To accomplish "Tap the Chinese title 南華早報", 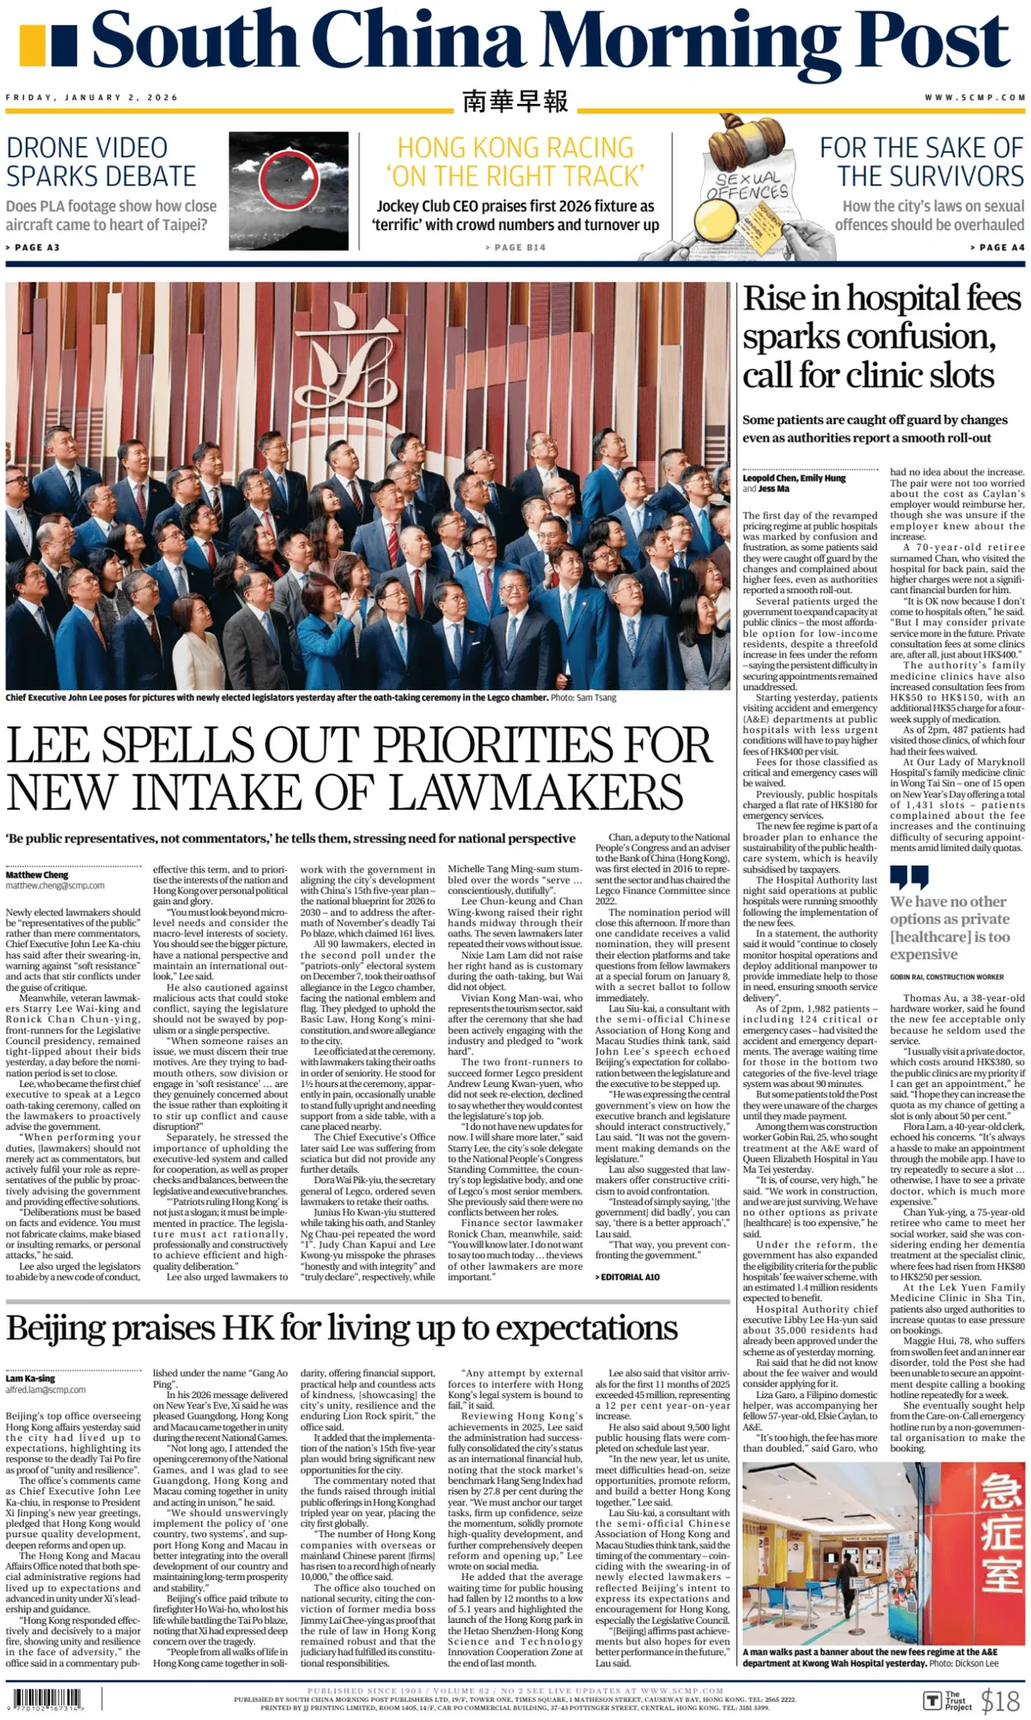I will click(515, 101).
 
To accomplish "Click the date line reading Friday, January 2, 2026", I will click(92, 98).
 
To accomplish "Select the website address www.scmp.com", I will click(974, 98).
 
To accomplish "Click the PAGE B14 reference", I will click(515, 247).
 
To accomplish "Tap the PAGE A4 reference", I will click(997, 247).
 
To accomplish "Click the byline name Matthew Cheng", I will click(37, 874).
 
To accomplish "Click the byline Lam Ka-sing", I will click(30, 1378).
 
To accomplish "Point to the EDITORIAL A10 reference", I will click(627, 1277).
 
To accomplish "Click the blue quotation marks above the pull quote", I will click(909, 877).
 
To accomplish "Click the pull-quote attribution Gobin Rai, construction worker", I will click(946, 977).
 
